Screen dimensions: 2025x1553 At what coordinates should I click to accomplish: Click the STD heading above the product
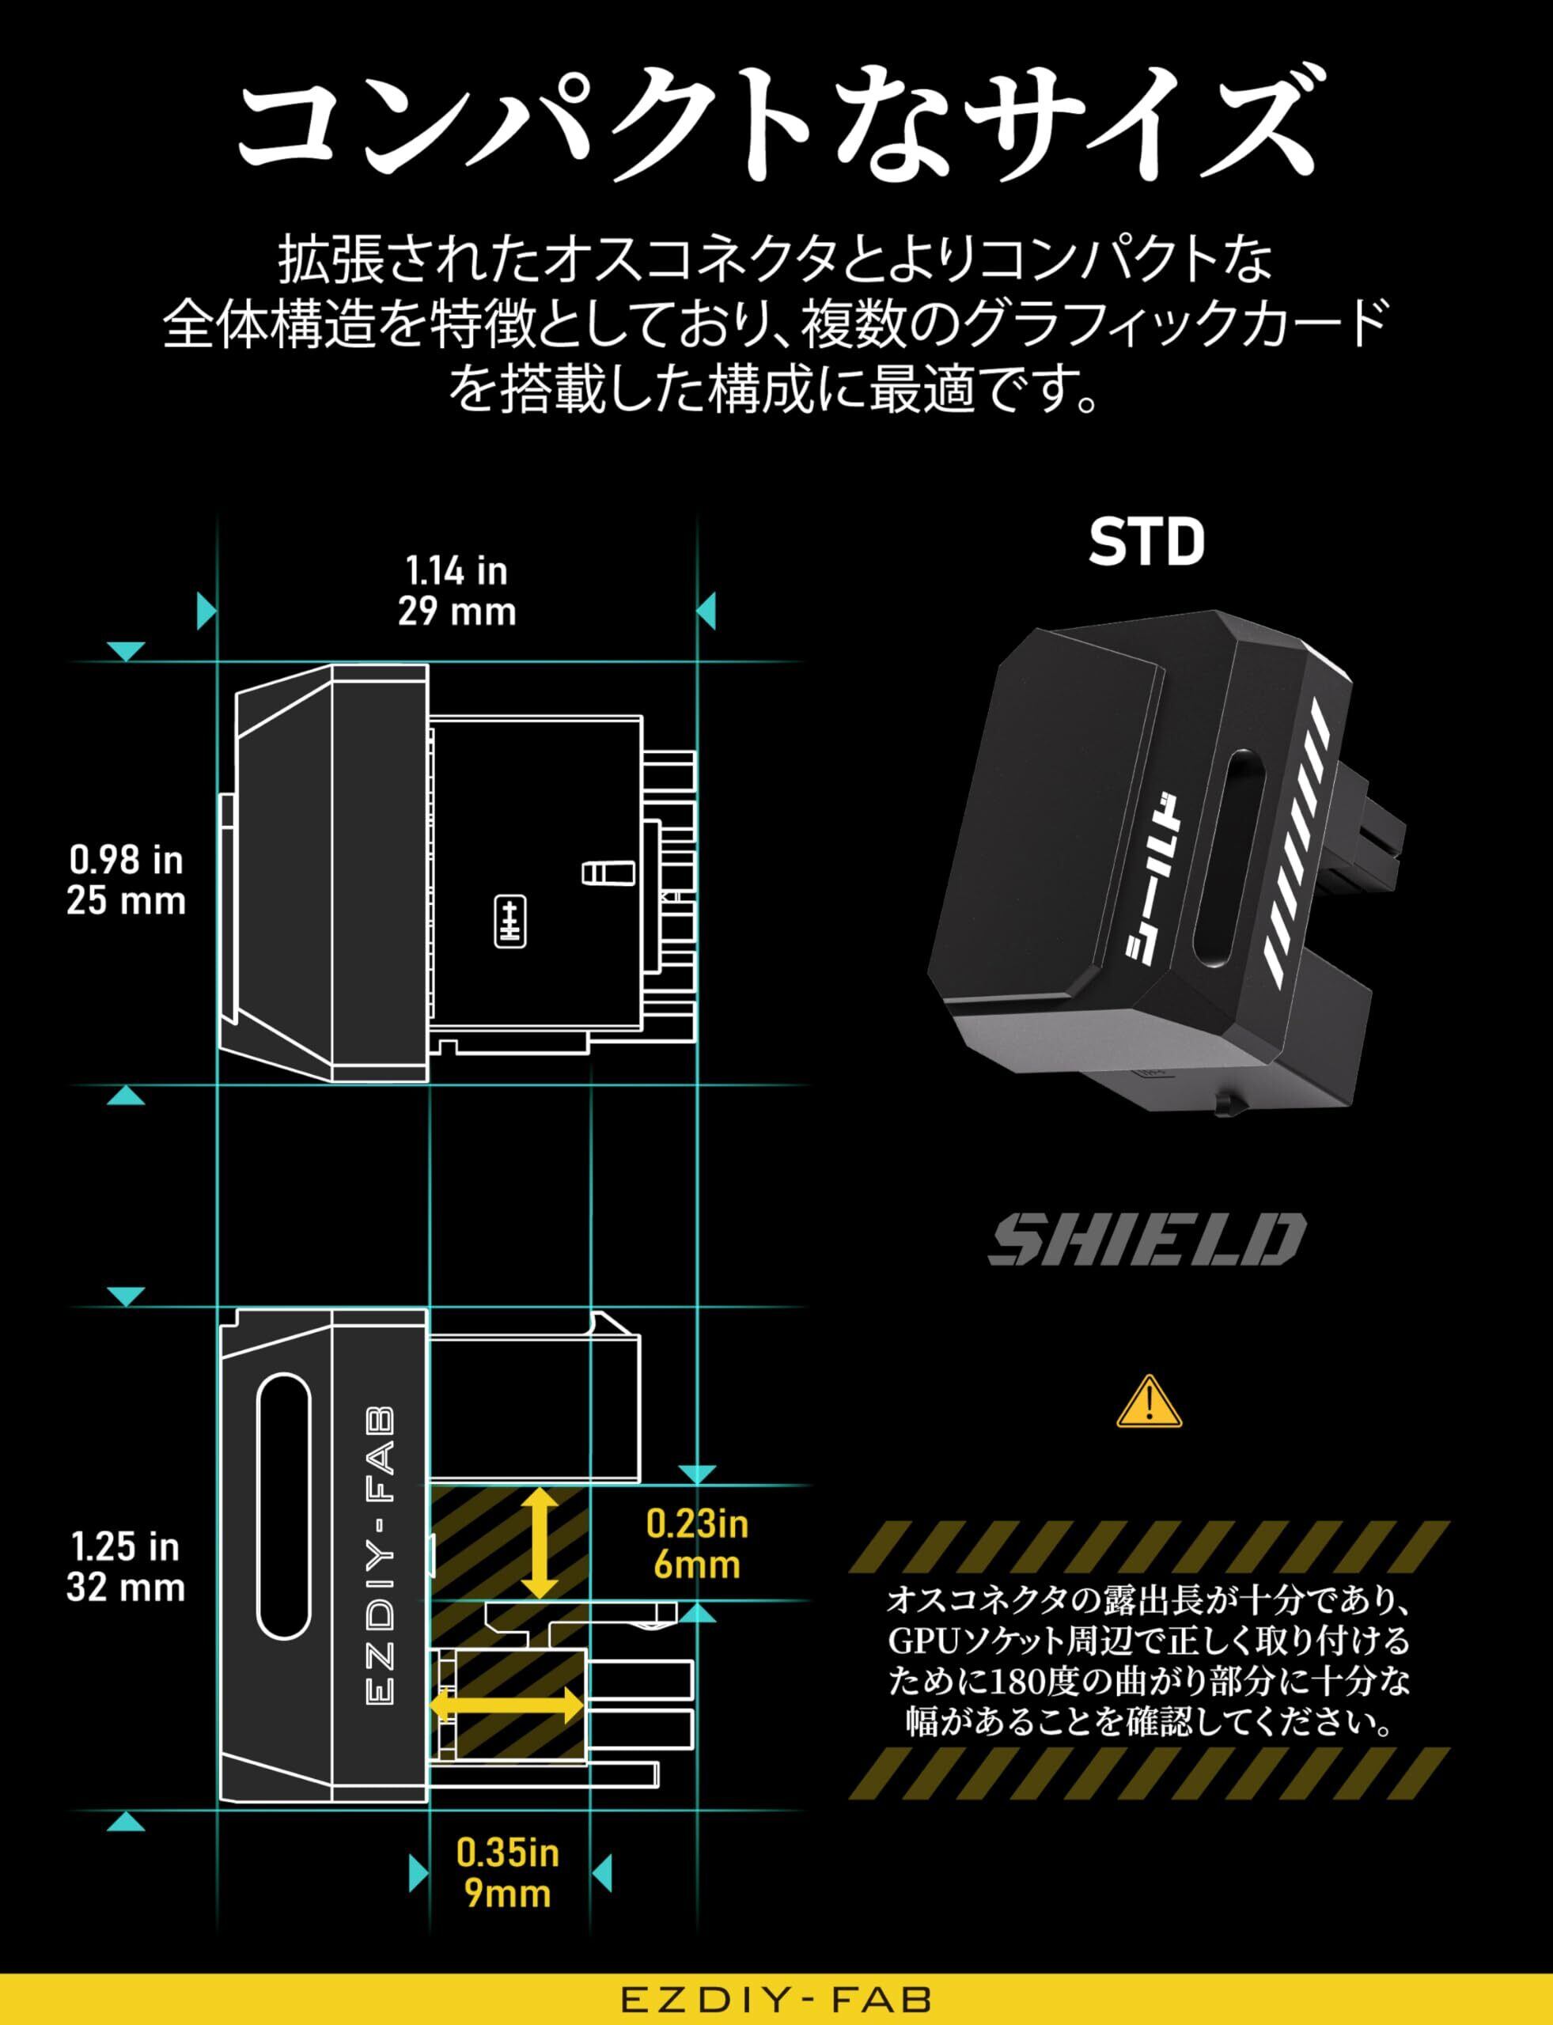[1146, 543]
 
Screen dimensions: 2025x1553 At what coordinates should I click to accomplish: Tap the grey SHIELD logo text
[1146, 1240]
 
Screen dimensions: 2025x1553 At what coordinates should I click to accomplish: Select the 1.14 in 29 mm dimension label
[456, 592]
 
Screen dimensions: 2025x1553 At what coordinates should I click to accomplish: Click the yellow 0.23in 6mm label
[697, 1544]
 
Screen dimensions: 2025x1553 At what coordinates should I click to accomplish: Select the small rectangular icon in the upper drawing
[510, 921]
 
